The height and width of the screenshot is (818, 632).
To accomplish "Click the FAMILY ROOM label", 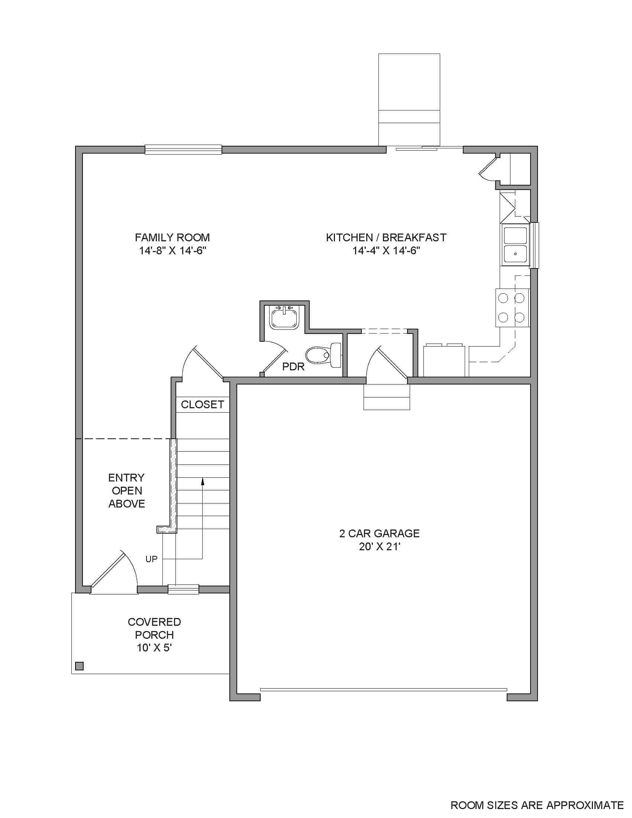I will [x=172, y=238].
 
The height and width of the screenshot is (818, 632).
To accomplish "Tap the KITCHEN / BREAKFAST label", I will [x=386, y=238].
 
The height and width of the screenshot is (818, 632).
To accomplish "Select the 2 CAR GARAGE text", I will [x=379, y=533].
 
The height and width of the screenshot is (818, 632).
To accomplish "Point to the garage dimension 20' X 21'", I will [x=380, y=547].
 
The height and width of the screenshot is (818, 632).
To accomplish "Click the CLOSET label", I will [x=202, y=405].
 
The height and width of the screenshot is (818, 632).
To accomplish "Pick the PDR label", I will [x=293, y=367].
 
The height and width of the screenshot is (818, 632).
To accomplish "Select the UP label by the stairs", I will [x=151, y=559].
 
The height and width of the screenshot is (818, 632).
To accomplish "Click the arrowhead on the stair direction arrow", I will [x=203, y=481].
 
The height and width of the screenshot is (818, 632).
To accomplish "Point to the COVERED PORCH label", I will [x=154, y=628].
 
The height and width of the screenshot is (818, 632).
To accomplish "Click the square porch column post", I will [x=80, y=666].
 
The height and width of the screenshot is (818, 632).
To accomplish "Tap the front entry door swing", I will [x=114, y=573].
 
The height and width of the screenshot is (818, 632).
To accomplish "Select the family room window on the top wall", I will [x=183, y=150].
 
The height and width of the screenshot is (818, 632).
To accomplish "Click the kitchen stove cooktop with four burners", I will [x=512, y=308].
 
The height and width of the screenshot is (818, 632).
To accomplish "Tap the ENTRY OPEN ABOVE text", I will [x=126, y=491].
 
